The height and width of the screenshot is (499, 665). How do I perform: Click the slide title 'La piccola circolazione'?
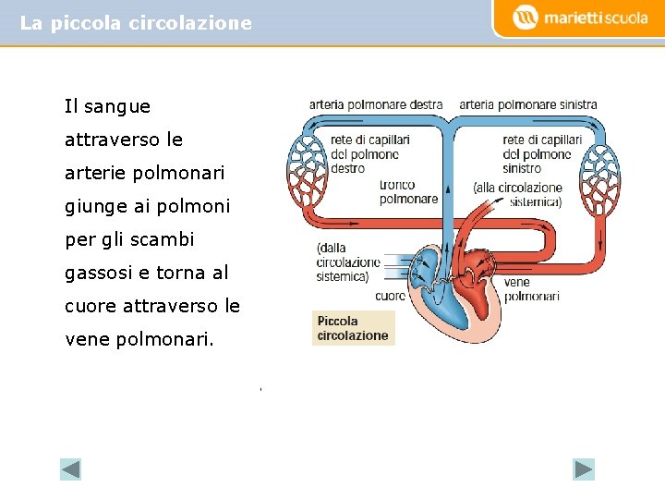136,23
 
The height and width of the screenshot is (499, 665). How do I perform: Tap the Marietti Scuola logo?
582,18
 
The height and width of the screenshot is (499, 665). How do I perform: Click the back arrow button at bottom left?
71,469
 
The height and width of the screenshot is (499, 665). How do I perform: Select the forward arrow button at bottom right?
584,469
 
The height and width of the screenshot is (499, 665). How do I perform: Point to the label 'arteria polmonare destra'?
375,105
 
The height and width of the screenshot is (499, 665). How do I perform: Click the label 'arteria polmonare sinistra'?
528,105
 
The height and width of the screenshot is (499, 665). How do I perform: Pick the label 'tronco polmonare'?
408,192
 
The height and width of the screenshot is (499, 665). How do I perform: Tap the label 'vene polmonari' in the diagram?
531,289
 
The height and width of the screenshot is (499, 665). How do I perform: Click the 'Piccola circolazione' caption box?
353,328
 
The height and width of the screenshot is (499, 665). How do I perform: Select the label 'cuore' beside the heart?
390,297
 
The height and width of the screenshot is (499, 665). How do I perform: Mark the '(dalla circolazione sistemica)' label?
343,262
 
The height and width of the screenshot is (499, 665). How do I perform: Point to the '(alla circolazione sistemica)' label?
517,194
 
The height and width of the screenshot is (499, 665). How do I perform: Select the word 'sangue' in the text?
116,106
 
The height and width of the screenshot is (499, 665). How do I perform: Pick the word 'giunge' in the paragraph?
93,206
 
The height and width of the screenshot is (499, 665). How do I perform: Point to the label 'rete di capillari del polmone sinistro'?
542,154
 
